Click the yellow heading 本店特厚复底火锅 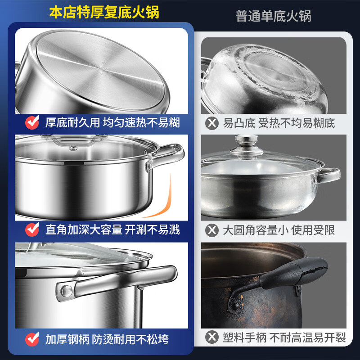(x=104, y=12)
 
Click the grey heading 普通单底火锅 (x=274, y=16)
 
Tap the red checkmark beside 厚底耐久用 (x=31, y=122)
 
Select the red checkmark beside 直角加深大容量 (x=31, y=229)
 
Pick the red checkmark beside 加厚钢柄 (x=31, y=338)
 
